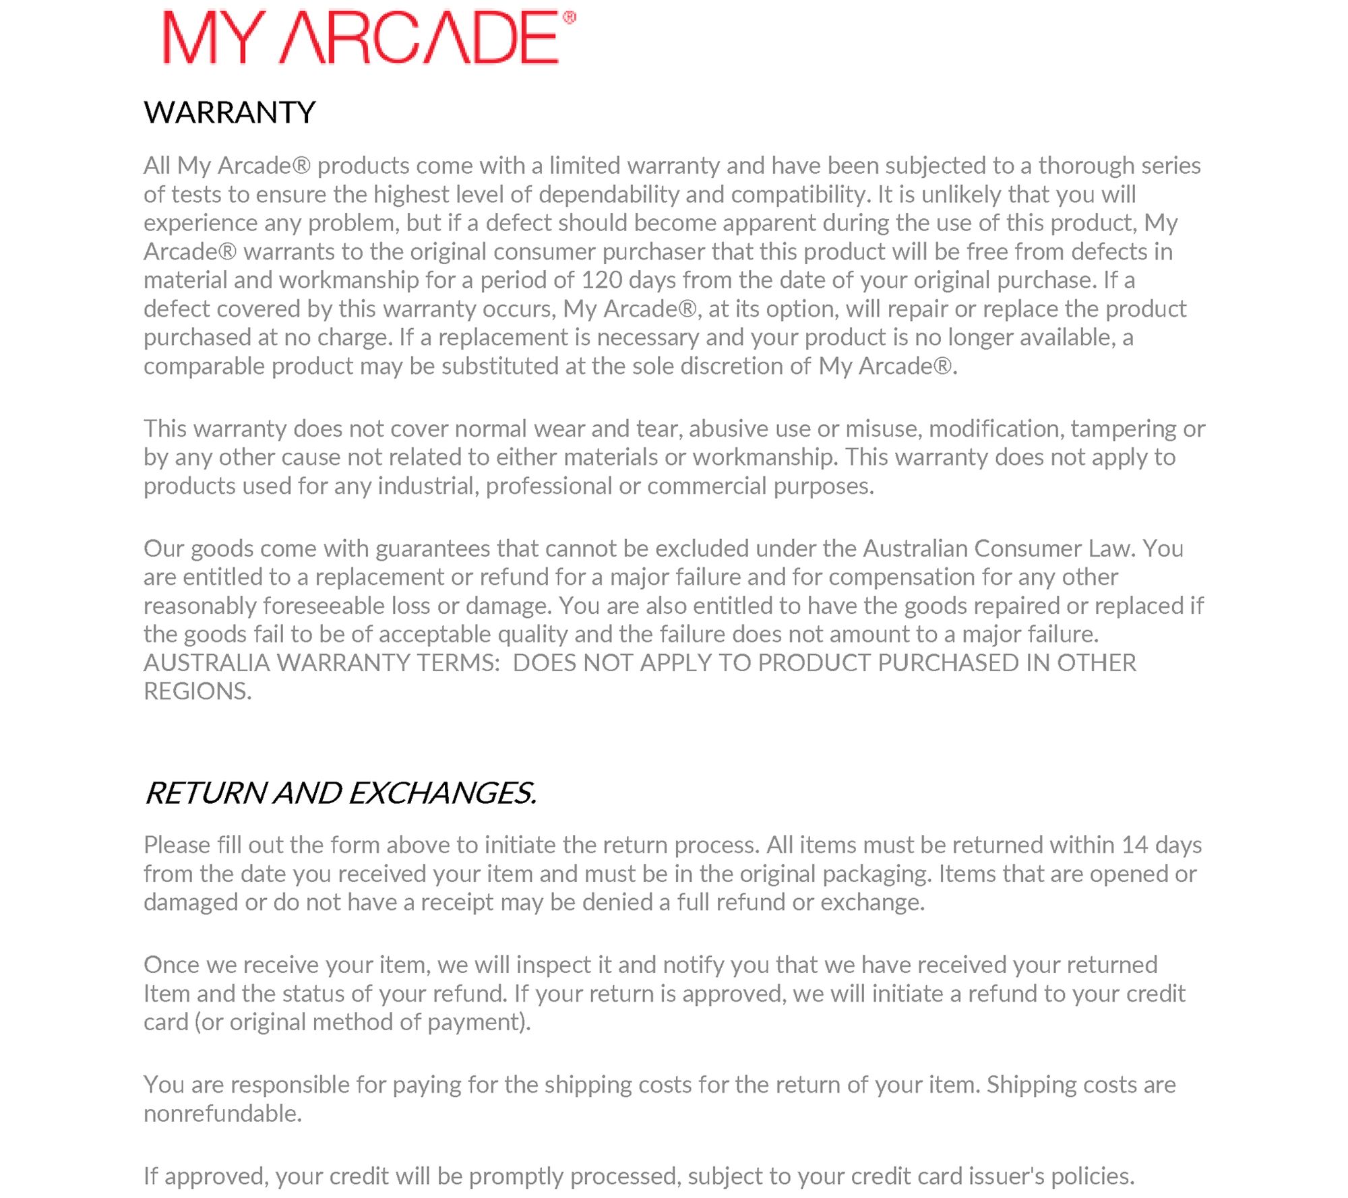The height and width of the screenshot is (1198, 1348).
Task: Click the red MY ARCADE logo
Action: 361,38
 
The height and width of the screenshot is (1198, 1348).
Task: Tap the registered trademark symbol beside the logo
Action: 570,18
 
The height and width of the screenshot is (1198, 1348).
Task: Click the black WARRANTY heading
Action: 229,113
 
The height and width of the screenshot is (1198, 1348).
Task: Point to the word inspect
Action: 559,966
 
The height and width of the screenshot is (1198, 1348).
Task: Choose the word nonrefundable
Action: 222,1114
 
